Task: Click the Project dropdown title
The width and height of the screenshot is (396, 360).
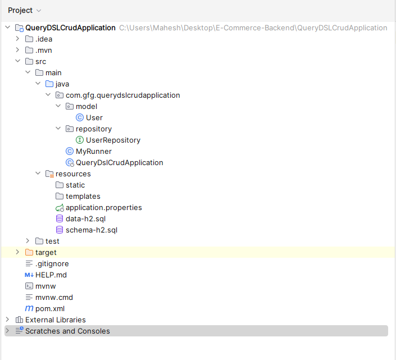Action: click(20, 10)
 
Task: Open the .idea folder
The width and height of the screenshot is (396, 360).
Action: click(44, 39)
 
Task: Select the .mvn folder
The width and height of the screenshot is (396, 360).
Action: click(43, 50)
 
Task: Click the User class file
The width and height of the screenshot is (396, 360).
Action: click(94, 117)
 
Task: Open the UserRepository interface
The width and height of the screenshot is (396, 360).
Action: click(113, 140)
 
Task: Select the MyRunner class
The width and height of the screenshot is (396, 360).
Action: click(94, 151)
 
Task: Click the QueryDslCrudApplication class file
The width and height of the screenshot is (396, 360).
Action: click(120, 162)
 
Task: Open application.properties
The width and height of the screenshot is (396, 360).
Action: click(104, 207)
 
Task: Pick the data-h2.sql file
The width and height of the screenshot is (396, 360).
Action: click(85, 218)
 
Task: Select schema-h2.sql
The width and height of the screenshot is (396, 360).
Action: click(92, 230)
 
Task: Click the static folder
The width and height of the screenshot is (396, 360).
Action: click(75, 185)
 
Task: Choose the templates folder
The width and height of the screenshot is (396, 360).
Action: click(83, 196)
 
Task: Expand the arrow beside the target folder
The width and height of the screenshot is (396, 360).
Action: click(17, 252)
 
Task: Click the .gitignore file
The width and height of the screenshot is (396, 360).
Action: click(52, 263)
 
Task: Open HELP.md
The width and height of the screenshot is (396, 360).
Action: click(51, 275)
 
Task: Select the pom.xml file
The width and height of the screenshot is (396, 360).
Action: click(50, 308)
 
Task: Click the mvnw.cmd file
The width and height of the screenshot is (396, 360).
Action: click(54, 298)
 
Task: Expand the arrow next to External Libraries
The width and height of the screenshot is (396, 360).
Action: click(7, 320)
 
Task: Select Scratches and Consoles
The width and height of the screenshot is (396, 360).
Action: click(67, 331)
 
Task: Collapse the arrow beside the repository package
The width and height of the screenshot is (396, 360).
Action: click(58, 129)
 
